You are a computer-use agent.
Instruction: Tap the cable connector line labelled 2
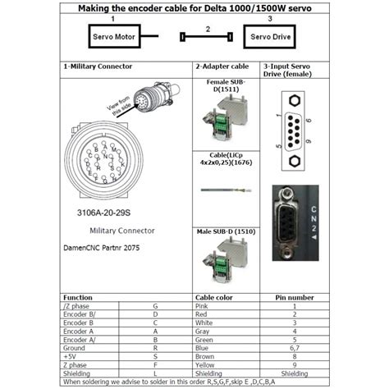(x=208, y=37)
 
